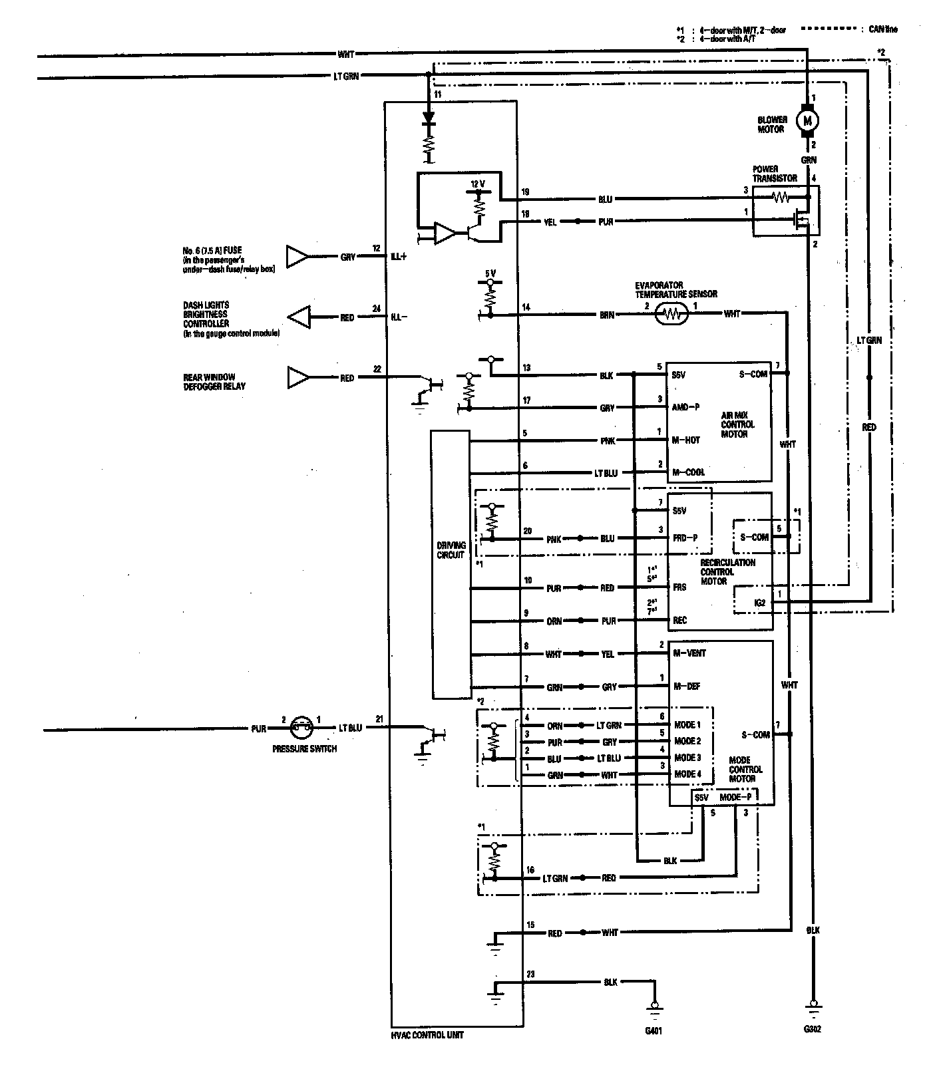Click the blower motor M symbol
(x=809, y=120)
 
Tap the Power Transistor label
(x=775, y=174)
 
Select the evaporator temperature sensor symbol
(x=671, y=315)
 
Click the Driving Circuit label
(x=451, y=550)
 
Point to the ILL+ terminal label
(x=398, y=257)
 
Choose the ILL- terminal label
(x=398, y=318)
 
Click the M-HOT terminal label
(x=686, y=440)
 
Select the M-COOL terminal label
(x=688, y=472)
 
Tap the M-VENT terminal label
(x=689, y=653)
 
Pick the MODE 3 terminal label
(x=687, y=758)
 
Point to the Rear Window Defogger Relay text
(x=210, y=382)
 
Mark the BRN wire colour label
(x=607, y=315)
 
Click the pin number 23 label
(x=530, y=975)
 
